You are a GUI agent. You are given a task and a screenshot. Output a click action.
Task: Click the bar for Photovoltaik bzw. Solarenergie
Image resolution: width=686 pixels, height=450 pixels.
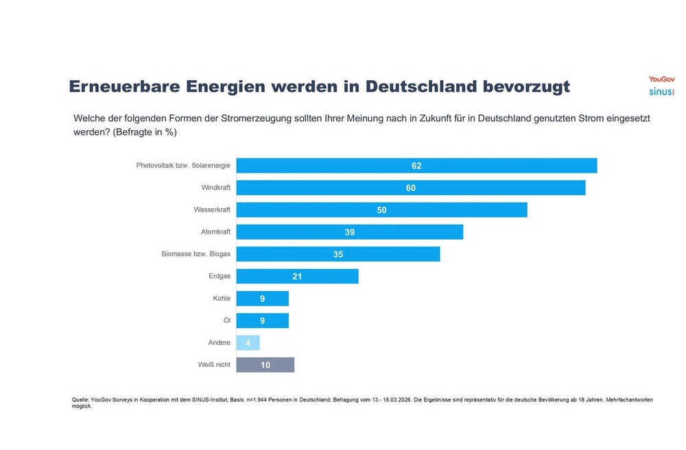pos(416,166)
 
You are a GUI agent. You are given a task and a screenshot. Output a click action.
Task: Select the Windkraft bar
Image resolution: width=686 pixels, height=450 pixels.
pos(411,188)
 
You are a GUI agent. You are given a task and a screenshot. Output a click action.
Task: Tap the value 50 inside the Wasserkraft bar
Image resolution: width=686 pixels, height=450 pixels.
pos(381,210)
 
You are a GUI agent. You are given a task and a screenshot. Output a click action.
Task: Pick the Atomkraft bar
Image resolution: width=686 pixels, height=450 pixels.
pos(350,232)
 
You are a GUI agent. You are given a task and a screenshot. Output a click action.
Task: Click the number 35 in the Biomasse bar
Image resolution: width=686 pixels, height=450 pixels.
pos(338,254)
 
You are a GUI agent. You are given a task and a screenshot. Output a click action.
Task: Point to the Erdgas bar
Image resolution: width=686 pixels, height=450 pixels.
pos(298,276)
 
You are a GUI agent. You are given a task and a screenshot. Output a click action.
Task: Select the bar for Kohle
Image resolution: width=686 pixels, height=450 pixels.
pos(263,299)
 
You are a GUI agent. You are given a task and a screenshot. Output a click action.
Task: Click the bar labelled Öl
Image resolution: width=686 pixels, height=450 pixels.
pos(263,321)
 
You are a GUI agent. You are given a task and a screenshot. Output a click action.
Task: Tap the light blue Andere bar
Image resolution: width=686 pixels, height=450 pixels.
pos(248,343)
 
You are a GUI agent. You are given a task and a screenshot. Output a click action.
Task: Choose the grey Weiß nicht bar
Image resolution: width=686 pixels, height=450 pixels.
pos(265,365)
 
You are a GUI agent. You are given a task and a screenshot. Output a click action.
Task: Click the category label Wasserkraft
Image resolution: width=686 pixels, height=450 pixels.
pos(212,210)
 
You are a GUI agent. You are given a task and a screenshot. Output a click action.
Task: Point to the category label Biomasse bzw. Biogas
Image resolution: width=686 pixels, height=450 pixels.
pos(196,254)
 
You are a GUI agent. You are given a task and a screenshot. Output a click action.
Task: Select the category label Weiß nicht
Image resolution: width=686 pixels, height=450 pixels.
pos(214,364)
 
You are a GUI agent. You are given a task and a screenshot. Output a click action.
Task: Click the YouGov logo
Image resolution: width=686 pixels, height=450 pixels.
pos(661,79)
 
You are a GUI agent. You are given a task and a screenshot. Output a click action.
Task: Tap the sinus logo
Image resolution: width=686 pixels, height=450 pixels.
pos(661,92)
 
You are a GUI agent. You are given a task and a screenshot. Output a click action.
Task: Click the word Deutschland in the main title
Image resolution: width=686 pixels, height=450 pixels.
pos(421,86)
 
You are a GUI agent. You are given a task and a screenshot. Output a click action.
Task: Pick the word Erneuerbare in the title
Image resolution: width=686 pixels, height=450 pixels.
pos(125,86)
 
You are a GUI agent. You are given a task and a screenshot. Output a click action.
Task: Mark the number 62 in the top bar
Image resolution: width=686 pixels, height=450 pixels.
pos(416,166)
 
